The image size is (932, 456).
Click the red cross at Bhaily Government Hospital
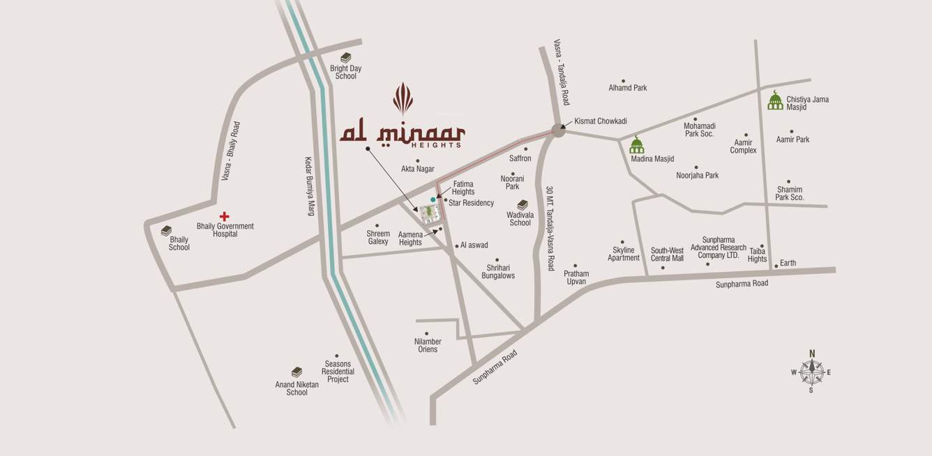tap(224, 217)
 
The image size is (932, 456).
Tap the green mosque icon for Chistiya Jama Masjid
tap(775, 100)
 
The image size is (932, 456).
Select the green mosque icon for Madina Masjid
tap(636, 145)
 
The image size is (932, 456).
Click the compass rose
tap(811, 372)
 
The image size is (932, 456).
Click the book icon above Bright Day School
tap(345, 58)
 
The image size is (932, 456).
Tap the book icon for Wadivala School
tap(522, 204)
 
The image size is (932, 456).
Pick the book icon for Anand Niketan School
tap(296, 372)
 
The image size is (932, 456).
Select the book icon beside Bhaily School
tap(166, 231)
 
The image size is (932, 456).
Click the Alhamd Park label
tap(628, 88)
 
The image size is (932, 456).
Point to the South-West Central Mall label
tap(667, 254)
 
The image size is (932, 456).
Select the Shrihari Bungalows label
tap(498, 271)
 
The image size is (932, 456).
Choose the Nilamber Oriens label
tap(428, 345)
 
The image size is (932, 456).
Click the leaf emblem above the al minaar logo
tap(403, 99)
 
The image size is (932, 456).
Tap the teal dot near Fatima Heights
tap(433, 199)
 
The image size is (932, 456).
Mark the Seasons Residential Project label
tap(338, 372)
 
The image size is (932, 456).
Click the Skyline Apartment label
tap(624, 254)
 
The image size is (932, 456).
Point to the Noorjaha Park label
tap(697, 176)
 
